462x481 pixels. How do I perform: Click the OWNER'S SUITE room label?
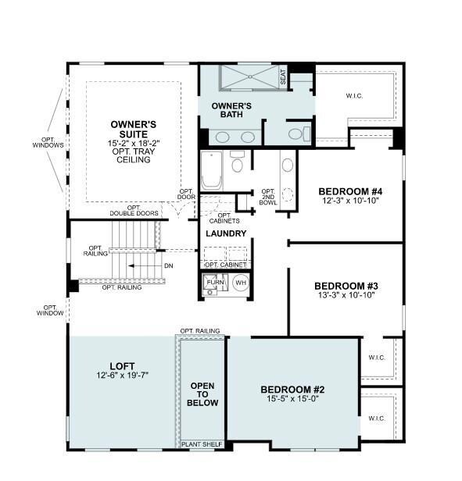click(x=134, y=129)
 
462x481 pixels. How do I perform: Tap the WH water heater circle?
click(x=241, y=283)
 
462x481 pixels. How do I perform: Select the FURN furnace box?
click(x=215, y=282)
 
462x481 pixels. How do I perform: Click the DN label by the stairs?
click(x=169, y=265)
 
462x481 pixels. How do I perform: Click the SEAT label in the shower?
click(x=283, y=77)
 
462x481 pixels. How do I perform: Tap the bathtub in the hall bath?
click(x=211, y=170)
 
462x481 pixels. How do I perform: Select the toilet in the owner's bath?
click(x=299, y=134)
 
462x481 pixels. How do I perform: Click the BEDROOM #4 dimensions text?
click(x=350, y=201)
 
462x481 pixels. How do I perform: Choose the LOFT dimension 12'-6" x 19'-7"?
click(x=122, y=375)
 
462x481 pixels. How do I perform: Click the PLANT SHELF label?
click(x=202, y=444)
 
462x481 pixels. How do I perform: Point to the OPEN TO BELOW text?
click(x=202, y=394)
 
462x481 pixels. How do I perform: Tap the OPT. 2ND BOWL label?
click(x=268, y=197)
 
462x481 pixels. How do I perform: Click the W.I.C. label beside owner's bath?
click(x=354, y=96)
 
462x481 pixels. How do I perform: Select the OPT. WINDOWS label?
click(x=48, y=142)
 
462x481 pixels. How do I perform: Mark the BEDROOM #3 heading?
click(x=346, y=286)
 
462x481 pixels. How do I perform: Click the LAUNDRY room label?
click(x=226, y=233)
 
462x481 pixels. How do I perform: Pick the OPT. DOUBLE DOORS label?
click(x=134, y=211)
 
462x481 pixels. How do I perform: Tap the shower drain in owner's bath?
click(x=250, y=77)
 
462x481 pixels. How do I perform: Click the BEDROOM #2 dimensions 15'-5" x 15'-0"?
click(x=292, y=398)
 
